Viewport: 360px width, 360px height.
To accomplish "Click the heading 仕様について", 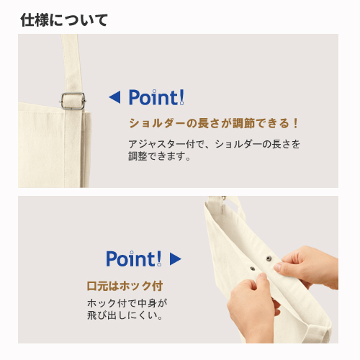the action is tap(64, 20).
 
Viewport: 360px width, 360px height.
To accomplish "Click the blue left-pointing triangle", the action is tap(114, 97).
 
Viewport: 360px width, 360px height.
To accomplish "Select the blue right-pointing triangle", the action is tap(176, 259).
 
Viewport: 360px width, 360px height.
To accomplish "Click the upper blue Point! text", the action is tap(156, 97).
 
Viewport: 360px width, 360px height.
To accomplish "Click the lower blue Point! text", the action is tap(134, 258).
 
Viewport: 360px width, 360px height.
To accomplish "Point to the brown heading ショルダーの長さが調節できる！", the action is tap(213, 123).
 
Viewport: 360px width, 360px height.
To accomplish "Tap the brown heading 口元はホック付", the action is tap(125, 286).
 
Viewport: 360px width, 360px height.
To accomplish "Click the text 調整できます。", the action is tap(159, 156).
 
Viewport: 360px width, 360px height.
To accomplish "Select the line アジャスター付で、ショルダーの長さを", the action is tap(214, 144).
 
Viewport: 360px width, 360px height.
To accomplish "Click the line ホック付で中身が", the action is tap(127, 303).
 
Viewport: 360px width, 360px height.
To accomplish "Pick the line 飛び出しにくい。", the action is tap(125, 315).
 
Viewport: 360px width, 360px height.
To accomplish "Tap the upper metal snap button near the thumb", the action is tap(269, 258).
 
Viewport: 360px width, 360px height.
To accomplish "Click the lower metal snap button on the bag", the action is tap(252, 269).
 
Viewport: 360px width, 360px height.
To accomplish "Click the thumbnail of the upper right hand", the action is tap(277, 266).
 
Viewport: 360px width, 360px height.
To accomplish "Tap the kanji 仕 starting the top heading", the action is tap(27, 20).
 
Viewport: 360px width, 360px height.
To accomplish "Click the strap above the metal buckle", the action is tap(71, 63).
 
